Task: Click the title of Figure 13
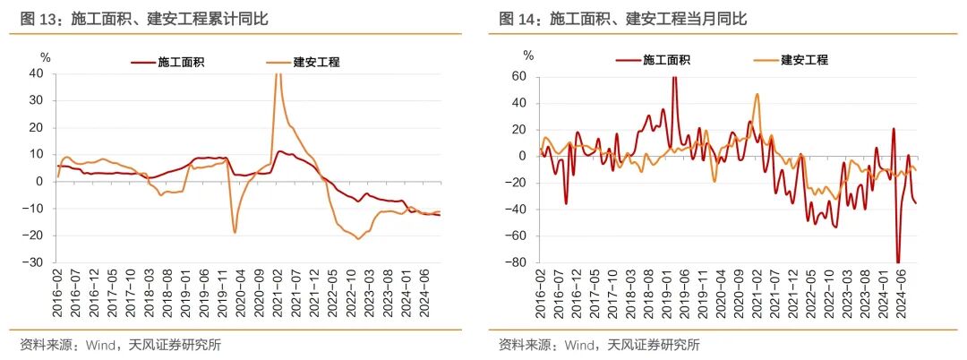[143, 18]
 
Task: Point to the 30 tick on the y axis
[36, 100]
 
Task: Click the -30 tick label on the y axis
[33, 262]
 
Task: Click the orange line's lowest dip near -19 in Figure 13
[235, 233]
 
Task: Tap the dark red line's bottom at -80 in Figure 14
[897, 262]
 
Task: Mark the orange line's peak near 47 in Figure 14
[757, 94]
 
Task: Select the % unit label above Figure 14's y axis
[528, 56]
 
